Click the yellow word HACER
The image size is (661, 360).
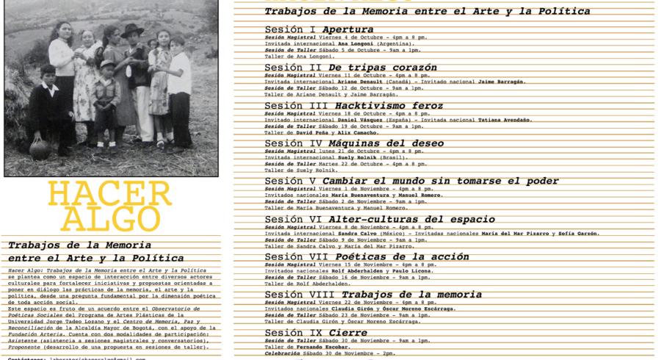coord(109,194)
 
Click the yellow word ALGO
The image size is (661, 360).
coord(109,218)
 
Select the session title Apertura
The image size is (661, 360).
coord(347,29)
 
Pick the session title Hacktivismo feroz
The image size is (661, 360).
coord(389,106)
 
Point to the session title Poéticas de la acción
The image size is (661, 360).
coord(399,256)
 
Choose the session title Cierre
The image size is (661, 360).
coord(348,333)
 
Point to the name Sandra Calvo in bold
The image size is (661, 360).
coord(358,233)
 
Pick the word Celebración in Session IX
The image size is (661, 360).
coord(283,353)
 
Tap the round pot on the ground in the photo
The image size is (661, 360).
coord(39,146)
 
